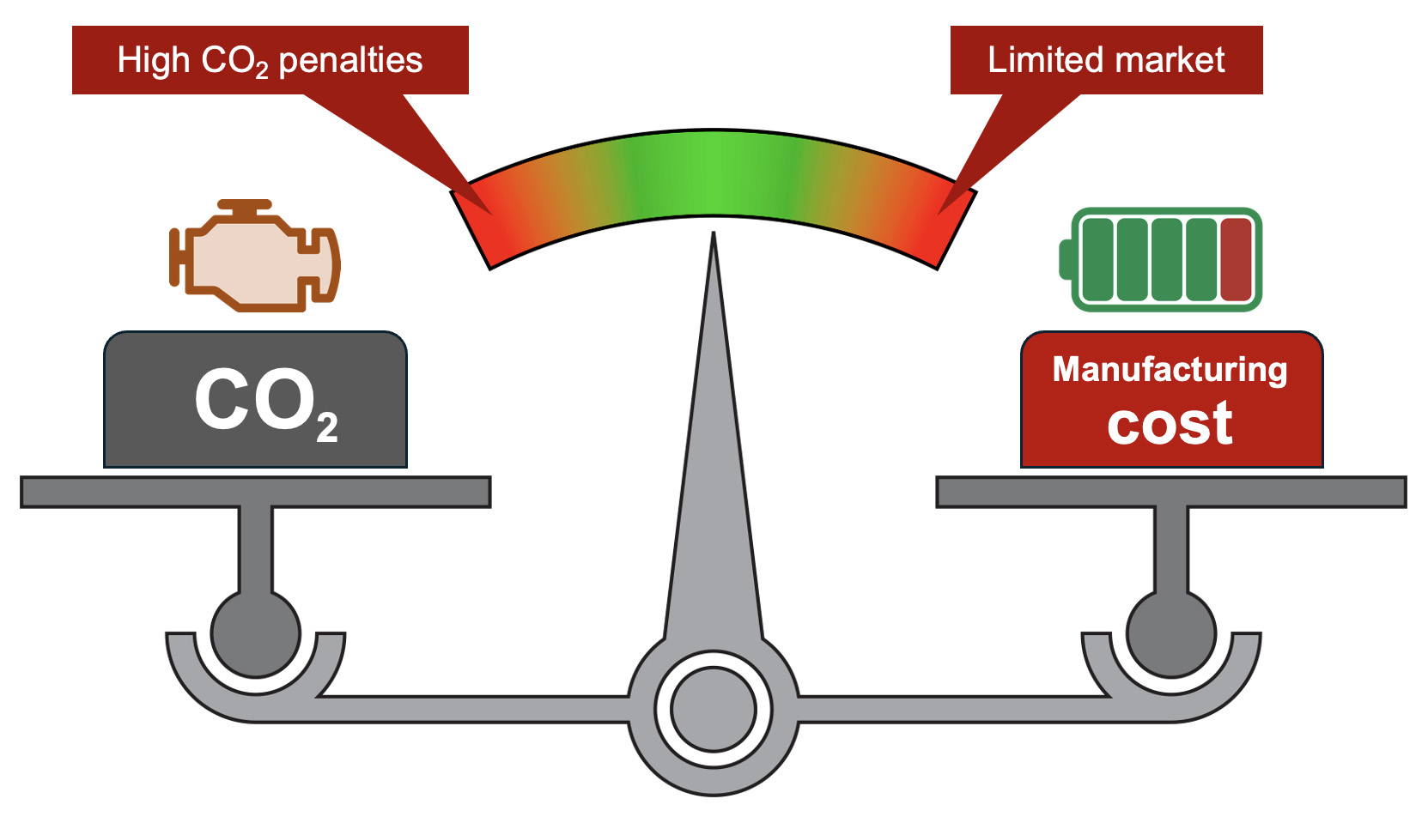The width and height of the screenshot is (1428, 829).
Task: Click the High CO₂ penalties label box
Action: pos(270,60)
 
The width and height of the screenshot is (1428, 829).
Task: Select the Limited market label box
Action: pos(1106,60)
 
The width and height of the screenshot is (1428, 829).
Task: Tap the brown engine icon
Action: pos(253,257)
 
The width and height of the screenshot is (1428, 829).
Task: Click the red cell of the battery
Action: pos(1236,259)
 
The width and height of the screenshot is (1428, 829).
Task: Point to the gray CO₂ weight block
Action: pos(255,400)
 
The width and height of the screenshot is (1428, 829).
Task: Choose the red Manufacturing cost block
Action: pos(1171,400)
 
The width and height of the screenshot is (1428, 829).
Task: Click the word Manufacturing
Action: pos(1170,370)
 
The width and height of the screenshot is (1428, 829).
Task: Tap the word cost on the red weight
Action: pos(1170,424)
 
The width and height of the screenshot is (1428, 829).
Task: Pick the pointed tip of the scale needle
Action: pos(713,238)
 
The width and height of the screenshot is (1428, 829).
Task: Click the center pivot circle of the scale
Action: pos(713,710)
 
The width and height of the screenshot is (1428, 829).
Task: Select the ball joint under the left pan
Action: pos(255,633)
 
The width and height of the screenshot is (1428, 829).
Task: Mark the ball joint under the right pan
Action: pos(1171,633)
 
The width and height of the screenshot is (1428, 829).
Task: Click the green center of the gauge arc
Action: pos(713,172)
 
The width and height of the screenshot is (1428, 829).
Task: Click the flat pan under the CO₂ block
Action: pos(255,492)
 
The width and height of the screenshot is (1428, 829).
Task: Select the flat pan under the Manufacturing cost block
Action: pos(1171,492)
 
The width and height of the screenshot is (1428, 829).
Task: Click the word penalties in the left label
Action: pos(350,61)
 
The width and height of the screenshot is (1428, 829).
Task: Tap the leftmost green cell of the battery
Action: pos(1097,259)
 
